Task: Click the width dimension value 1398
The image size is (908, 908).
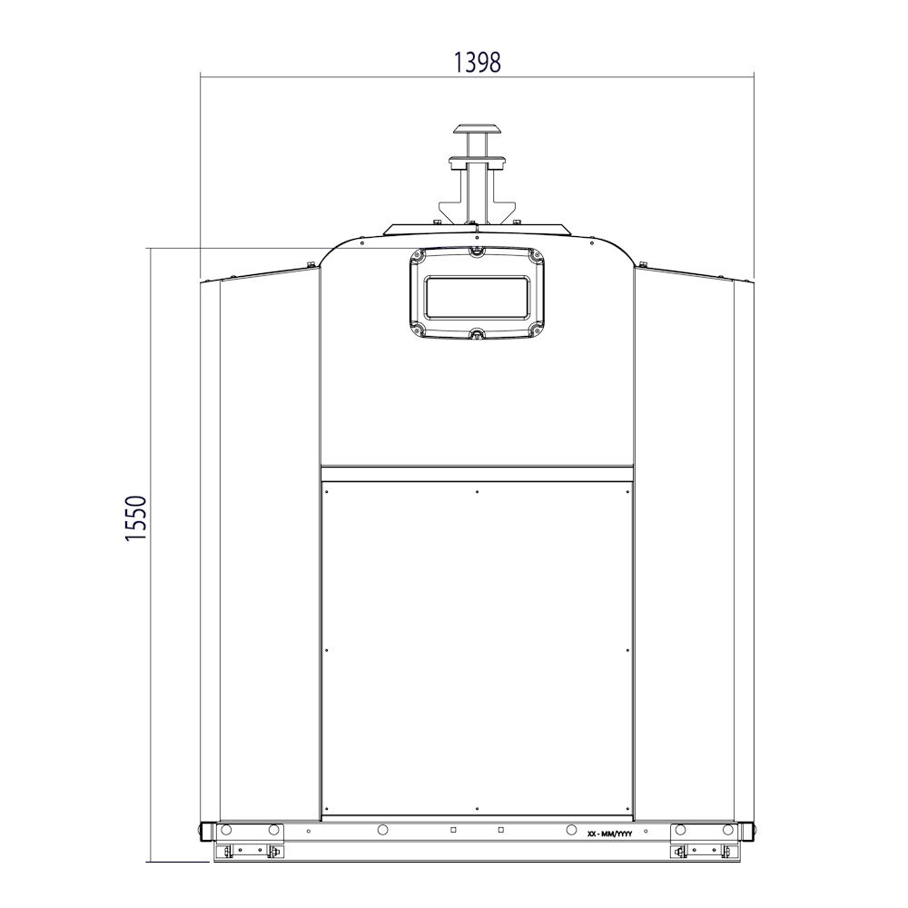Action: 476,63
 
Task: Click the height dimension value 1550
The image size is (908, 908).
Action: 137,518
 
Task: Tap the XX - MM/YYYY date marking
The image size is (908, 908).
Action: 610,834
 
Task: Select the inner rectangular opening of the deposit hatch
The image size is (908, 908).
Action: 478,298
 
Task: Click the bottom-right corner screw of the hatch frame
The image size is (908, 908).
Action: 538,331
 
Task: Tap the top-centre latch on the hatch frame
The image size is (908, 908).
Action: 476,251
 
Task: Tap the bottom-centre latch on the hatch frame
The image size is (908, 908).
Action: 477,334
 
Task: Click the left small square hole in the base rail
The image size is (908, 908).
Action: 453,830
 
